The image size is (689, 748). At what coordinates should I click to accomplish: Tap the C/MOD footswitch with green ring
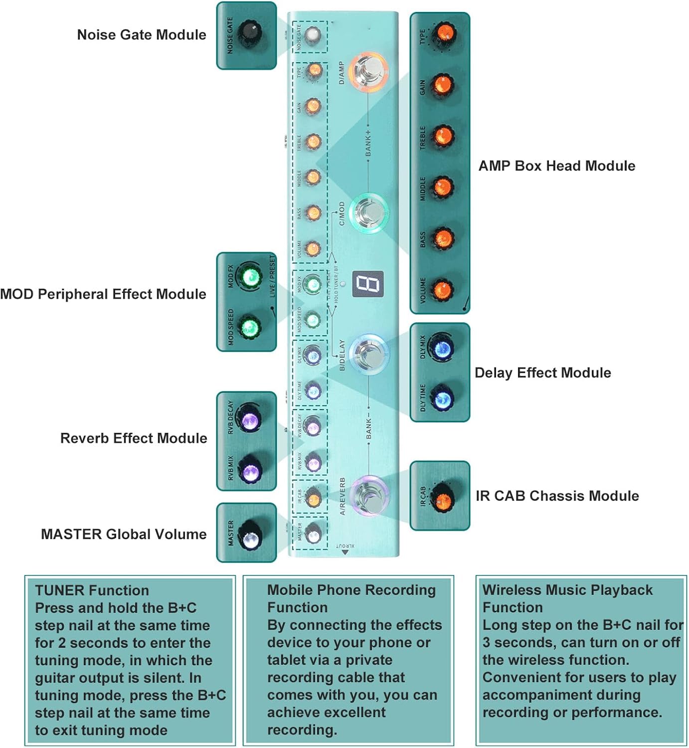(x=368, y=212)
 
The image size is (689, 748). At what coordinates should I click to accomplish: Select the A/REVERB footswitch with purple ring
(x=369, y=496)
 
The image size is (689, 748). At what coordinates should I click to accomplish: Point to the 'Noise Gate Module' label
(x=142, y=35)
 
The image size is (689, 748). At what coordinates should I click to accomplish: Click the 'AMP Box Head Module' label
(x=556, y=166)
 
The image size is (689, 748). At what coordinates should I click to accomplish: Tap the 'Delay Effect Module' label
(x=542, y=373)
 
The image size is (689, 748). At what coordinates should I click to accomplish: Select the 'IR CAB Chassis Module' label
(x=557, y=496)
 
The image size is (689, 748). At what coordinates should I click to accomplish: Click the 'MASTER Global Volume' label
(x=124, y=535)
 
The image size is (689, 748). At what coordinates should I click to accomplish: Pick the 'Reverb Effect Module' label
(x=134, y=438)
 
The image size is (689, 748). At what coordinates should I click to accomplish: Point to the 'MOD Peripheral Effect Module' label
(x=103, y=294)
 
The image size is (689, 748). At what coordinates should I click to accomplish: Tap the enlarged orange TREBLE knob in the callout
(x=442, y=136)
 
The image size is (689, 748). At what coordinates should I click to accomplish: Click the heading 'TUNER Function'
(x=92, y=591)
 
